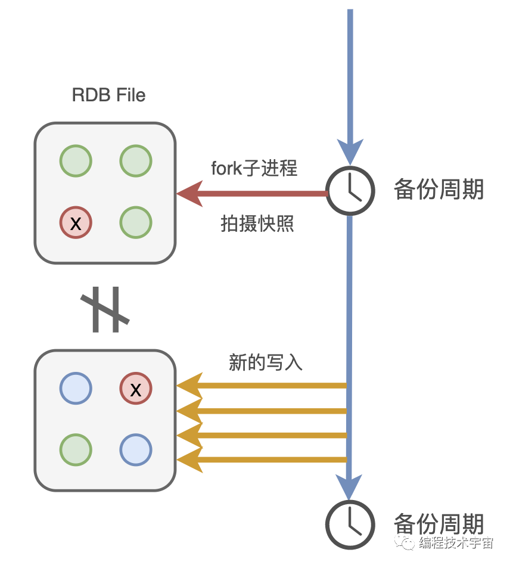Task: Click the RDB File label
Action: pos(108,95)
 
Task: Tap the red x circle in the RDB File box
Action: pos(76,222)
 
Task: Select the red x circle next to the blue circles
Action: pos(136,389)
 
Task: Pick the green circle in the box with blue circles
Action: pos(76,449)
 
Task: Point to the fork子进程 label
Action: pos(254,169)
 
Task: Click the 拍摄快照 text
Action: pos(257,224)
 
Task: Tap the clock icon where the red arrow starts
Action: pos(351,191)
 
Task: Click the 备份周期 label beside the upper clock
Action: pos(439,190)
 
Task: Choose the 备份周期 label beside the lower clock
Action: pos(439,524)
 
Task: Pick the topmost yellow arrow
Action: pos(262,386)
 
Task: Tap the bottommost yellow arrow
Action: pos(262,460)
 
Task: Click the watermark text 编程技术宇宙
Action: pos(456,543)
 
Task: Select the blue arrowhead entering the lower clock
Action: pos(350,486)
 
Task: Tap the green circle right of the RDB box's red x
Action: pos(136,222)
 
